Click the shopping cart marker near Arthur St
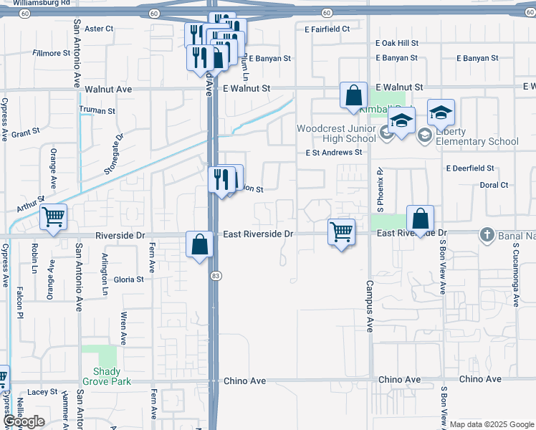54,216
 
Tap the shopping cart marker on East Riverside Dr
341,231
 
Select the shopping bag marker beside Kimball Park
353,95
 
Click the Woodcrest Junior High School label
336,133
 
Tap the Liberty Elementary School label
477,136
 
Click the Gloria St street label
129,279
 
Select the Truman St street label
97,111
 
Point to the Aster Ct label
99,29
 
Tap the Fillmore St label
52,53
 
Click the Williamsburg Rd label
45,3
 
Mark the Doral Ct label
494,185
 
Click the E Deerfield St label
470,168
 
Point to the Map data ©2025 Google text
492,425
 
